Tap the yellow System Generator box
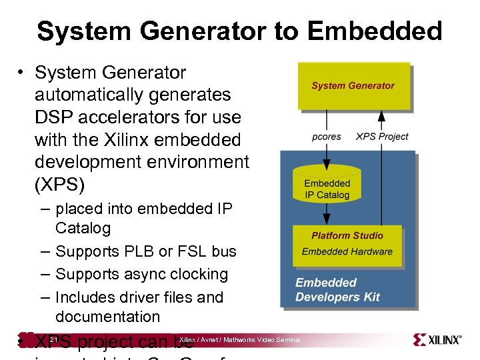tap(353, 85)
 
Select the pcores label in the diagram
tap(327, 137)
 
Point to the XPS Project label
tap(382, 137)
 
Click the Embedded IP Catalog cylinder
tap(327, 186)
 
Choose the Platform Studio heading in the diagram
tap(347, 235)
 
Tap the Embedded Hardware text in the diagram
tap(347, 251)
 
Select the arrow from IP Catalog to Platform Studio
tap(327, 214)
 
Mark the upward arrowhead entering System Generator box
tap(381, 115)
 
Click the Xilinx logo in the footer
tap(437, 340)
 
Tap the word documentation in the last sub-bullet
tap(107, 317)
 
